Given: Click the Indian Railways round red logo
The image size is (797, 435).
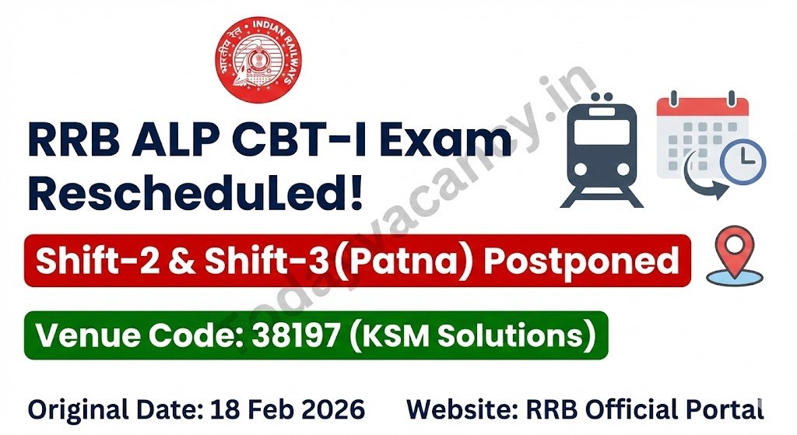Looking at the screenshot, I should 258,60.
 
